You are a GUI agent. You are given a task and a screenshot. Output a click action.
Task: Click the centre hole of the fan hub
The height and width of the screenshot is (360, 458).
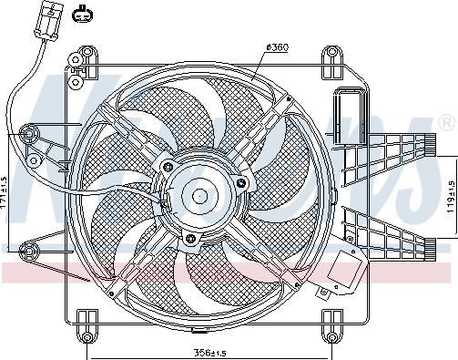click(x=198, y=194)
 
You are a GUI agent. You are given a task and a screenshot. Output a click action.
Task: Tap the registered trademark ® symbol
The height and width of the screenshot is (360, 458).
click(x=447, y=121)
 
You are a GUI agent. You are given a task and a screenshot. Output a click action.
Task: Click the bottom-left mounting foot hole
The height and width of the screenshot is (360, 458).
click(x=87, y=337)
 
